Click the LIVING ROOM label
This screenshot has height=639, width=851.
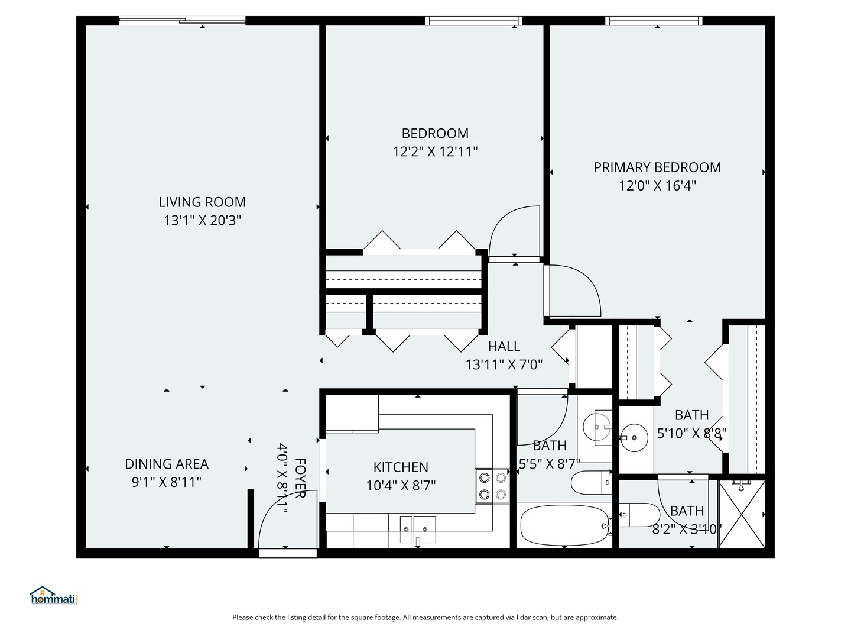[x=202, y=202]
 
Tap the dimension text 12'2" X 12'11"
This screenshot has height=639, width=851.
[x=435, y=152]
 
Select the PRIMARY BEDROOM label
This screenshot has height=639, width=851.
[x=657, y=167]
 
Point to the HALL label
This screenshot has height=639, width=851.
[x=504, y=346]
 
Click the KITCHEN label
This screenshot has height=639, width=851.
[x=401, y=467]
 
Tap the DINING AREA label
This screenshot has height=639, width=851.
[x=167, y=464]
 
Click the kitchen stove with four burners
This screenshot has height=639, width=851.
[x=492, y=486]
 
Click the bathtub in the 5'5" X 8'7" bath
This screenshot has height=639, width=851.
[x=564, y=525]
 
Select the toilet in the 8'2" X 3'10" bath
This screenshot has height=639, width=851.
[x=638, y=515]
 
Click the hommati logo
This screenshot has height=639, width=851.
[x=54, y=596]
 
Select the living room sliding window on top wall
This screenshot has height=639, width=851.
[x=182, y=21]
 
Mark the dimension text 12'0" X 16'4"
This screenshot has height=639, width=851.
[x=657, y=186]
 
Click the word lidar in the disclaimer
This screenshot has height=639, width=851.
[x=504, y=617]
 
